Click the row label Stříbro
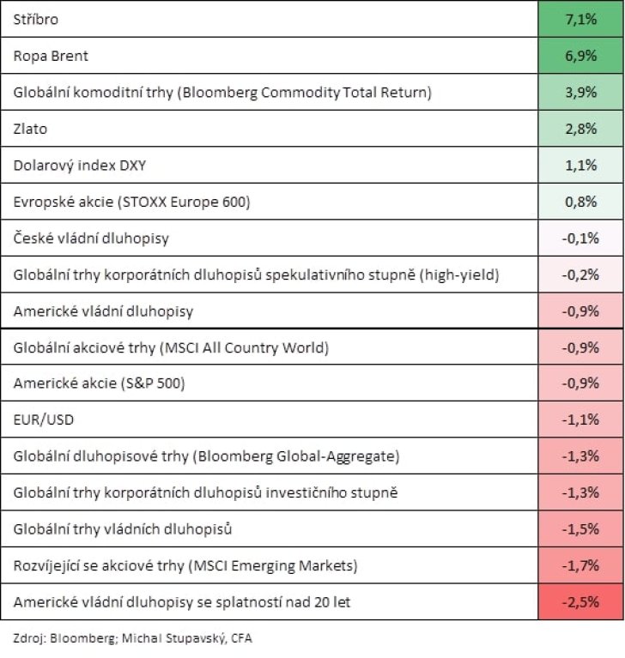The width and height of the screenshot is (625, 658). click(x=36, y=20)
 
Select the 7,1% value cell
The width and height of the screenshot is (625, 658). click(x=580, y=19)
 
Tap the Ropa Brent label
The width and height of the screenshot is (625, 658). click(x=51, y=56)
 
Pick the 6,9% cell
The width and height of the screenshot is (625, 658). click(x=580, y=56)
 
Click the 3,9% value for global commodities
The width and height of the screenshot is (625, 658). click(x=580, y=92)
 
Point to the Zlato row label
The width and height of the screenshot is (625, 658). click(x=30, y=129)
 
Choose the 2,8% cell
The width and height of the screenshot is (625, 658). click(x=580, y=129)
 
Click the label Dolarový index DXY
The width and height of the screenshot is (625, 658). click(x=80, y=166)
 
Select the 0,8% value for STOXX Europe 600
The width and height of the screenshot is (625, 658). click(x=580, y=202)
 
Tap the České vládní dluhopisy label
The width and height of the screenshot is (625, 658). click(x=91, y=238)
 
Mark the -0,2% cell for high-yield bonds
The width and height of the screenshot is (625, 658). click(x=580, y=275)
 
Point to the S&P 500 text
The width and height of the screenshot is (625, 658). click(x=153, y=383)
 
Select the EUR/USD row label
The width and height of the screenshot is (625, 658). click(x=44, y=420)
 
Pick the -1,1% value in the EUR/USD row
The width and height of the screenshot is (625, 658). click(x=580, y=420)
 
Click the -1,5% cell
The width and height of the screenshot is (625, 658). click(x=580, y=528)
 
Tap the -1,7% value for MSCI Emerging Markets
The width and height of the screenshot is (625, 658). click(x=580, y=565)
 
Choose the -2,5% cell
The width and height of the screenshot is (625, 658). click(x=580, y=601)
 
